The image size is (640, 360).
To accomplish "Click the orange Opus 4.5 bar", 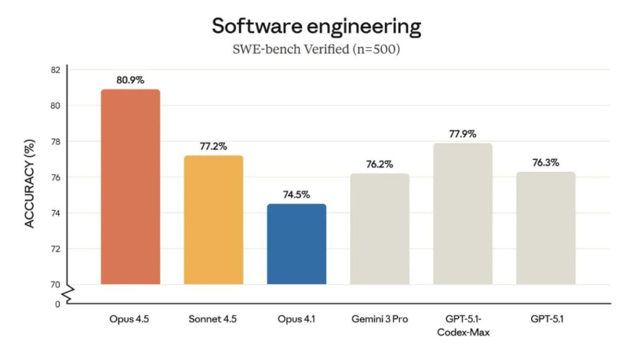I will coord(130,187).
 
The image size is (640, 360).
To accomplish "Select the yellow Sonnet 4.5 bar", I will coord(213,220).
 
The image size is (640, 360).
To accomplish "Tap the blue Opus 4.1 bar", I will coord(296,244).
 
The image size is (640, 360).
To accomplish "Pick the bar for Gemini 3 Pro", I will coord(379,229).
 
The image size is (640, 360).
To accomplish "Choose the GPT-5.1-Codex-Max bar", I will coord(462,214).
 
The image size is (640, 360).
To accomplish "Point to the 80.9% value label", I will coord(130,80).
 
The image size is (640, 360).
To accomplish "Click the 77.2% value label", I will coord(213,146).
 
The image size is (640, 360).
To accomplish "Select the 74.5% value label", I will coord(296,194).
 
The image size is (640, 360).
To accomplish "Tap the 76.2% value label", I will coord(379,164).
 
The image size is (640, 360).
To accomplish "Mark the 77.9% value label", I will coord(462,134).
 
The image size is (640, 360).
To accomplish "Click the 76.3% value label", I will coord(546,162).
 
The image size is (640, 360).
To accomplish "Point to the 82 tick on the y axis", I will coord(56,69).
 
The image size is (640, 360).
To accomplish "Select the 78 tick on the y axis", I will coord(56,142).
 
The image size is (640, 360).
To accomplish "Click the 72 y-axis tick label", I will coord(56,249).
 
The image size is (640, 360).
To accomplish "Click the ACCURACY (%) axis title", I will coord(30,186).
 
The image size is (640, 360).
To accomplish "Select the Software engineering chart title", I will coord(316,26).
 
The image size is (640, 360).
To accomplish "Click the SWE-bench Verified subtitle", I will coord(316,49).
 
